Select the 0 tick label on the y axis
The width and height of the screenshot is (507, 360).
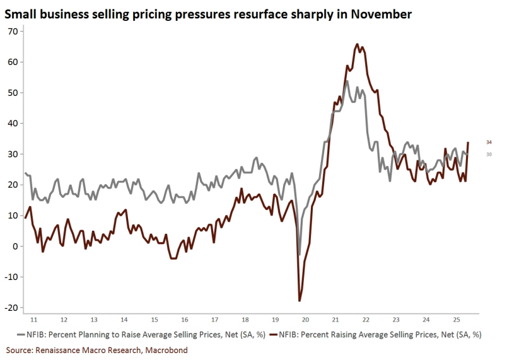(16, 247)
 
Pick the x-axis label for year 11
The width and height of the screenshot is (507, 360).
(35, 320)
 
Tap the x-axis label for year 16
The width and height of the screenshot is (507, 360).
(184, 320)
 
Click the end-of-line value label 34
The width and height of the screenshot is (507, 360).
(489, 142)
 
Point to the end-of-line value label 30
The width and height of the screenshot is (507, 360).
(489, 154)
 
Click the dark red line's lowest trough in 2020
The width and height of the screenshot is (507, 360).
(300, 301)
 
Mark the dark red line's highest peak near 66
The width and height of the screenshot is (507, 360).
(357, 44)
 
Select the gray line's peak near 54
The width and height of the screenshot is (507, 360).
(347, 81)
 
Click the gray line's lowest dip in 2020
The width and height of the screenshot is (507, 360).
(300, 255)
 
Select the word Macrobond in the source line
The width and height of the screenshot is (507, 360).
(165, 349)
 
